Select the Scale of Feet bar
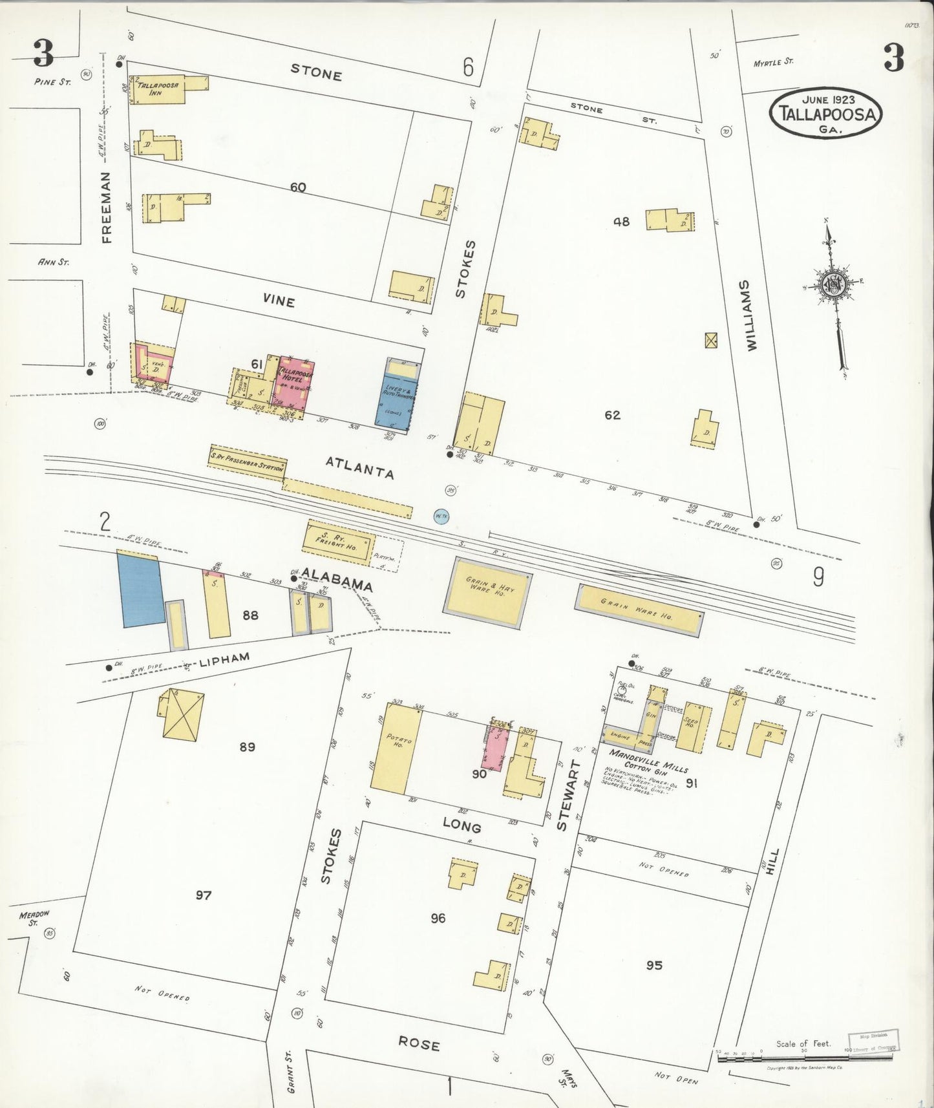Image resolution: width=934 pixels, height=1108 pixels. click(805, 1057)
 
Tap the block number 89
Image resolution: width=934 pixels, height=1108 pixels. click(247, 747)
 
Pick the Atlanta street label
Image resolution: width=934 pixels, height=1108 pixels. click(359, 467)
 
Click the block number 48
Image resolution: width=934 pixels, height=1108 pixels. click(621, 222)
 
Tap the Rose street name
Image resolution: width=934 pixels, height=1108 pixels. click(419, 1044)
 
